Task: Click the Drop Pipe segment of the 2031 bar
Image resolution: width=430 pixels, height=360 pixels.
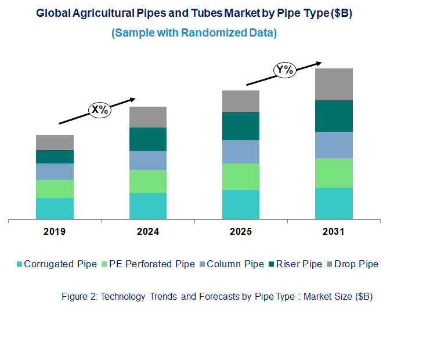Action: [x=334, y=84]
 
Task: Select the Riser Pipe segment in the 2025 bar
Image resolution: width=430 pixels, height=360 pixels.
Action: [x=241, y=126]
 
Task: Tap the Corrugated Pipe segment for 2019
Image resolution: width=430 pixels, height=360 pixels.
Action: [x=55, y=209]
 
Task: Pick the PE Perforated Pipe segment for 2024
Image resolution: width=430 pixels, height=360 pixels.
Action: [x=148, y=181]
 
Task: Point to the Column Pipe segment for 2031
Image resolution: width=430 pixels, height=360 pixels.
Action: [x=334, y=145]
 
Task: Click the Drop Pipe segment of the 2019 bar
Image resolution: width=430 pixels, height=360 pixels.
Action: [x=55, y=143]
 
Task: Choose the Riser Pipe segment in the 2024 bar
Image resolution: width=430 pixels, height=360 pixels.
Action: [x=148, y=139]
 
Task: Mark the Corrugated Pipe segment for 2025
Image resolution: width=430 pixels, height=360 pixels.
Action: [x=241, y=205]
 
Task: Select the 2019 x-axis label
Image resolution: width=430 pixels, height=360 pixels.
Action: [x=55, y=232]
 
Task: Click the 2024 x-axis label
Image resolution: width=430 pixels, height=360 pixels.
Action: [x=148, y=232]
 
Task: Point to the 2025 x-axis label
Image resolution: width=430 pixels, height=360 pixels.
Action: [x=241, y=232]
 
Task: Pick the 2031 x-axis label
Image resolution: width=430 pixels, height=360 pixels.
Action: [x=334, y=232]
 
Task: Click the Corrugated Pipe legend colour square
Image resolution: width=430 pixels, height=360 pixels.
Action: [x=20, y=264]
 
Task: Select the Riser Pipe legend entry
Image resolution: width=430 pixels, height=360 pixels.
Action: [x=296, y=264]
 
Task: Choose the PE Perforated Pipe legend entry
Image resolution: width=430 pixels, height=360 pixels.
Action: [x=147, y=264]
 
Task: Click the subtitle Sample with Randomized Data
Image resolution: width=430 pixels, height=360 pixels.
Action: [x=194, y=33]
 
